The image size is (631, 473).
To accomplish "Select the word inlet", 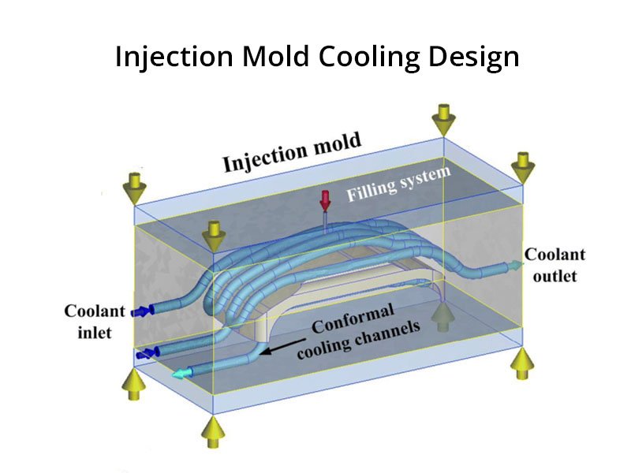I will [94, 333].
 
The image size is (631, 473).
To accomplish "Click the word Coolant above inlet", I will [94, 311].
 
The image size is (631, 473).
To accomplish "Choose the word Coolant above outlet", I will [555, 255].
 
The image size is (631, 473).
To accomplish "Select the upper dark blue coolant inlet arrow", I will [143, 312].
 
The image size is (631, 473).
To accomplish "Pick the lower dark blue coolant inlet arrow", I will [146, 355].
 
